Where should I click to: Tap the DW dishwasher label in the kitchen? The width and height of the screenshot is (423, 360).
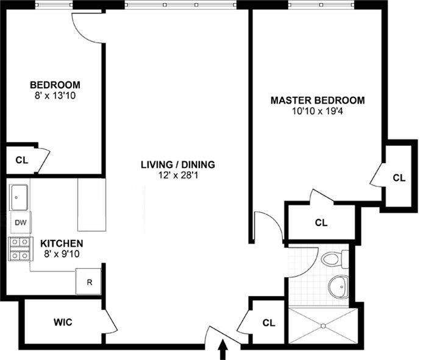[20, 223]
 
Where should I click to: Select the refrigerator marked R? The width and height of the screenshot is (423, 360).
[89, 282]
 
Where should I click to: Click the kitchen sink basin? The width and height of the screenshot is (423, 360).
[20, 196]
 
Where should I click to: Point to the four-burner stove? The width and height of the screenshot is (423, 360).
[20, 249]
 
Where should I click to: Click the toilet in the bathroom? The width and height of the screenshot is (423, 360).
[333, 259]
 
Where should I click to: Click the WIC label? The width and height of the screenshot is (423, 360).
[63, 322]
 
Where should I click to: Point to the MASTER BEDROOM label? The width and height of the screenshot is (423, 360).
[318, 101]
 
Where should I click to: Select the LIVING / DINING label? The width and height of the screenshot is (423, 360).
[177, 164]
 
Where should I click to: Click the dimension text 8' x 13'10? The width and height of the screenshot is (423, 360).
[55, 96]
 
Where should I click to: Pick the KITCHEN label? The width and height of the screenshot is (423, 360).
[58, 242]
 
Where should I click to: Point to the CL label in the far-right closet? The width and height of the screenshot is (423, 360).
[399, 178]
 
